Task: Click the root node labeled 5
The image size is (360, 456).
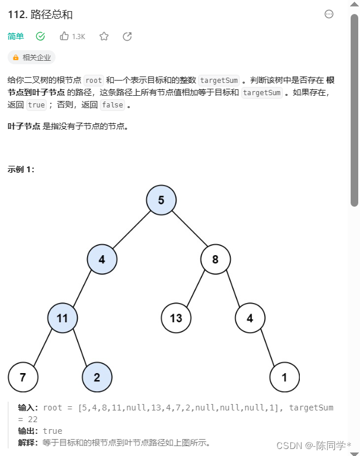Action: point(161,200)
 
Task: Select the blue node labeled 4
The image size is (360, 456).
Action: point(102,259)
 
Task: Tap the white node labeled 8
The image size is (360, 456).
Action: point(215,259)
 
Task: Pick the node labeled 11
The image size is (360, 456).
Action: point(63,318)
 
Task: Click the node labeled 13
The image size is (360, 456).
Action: point(176,318)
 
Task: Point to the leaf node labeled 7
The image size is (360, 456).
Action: point(23,377)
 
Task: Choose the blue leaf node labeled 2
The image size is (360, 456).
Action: point(97,377)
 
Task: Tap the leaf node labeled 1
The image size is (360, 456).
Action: point(285,377)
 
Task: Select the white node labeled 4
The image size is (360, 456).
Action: point(250,318)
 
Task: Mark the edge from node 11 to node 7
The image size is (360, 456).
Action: point(43,348)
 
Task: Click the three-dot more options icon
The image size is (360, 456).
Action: point(329,14)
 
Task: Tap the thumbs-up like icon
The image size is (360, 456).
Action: point(64,36)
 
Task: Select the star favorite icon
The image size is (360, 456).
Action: point(104,36)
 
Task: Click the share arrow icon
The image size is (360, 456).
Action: point(127,36)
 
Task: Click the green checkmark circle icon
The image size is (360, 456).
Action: point(40,36)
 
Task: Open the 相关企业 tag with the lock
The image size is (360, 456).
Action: point(32,57)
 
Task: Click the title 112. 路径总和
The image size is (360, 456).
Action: point(40,14)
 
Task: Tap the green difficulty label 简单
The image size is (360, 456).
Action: point(16,36)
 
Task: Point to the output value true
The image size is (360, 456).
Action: point(53,431)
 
